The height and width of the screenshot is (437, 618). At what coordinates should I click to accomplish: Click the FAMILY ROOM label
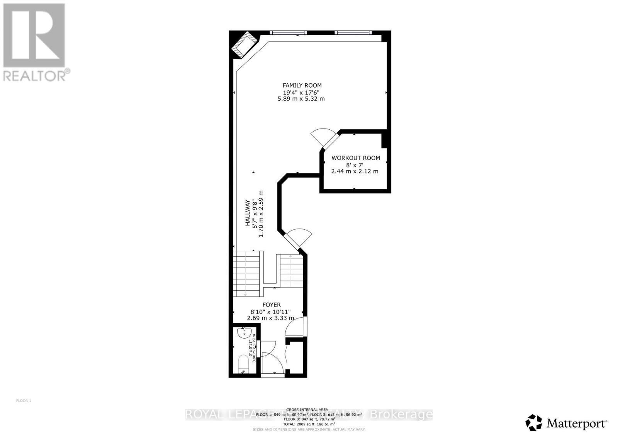coord(302,85)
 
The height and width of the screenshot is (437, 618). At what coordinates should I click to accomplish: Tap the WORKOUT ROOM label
coord(356,158)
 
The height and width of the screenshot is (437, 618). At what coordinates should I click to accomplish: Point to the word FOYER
coord(272,305)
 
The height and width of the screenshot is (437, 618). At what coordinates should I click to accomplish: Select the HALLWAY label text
coord(247,218)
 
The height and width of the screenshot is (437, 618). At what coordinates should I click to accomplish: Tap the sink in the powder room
coord(244,333)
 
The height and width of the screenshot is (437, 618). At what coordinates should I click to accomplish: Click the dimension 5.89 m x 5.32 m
coord(301,99)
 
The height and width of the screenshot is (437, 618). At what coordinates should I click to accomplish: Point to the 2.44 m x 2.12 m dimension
coord(355,171)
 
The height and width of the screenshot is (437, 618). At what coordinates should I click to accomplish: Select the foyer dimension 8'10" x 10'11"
coord(270,312)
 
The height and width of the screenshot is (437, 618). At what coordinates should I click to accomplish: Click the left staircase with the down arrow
coord(246,274)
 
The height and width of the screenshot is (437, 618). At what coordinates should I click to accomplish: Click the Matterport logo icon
coord(533,422)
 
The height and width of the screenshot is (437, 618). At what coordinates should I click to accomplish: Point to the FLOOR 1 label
coord(24,401)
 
